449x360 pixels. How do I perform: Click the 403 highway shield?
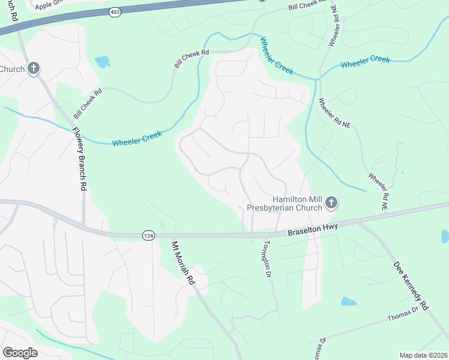tap(115, 11)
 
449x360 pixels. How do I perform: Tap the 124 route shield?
tap(148, 236)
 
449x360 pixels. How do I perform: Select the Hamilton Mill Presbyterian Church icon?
tap(331, 204)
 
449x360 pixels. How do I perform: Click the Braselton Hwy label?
tap(313, 229)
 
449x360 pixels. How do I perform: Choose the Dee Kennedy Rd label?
tap(411, 286)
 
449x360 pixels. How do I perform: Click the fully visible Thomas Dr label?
tap(403, 313)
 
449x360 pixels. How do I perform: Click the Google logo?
tap(20, 353)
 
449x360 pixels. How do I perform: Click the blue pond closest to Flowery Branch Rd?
tap(103, 61)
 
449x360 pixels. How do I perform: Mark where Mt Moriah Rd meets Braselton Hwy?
tap(172, 236)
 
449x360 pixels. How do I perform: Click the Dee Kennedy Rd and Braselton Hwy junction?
tap(358, 222)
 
